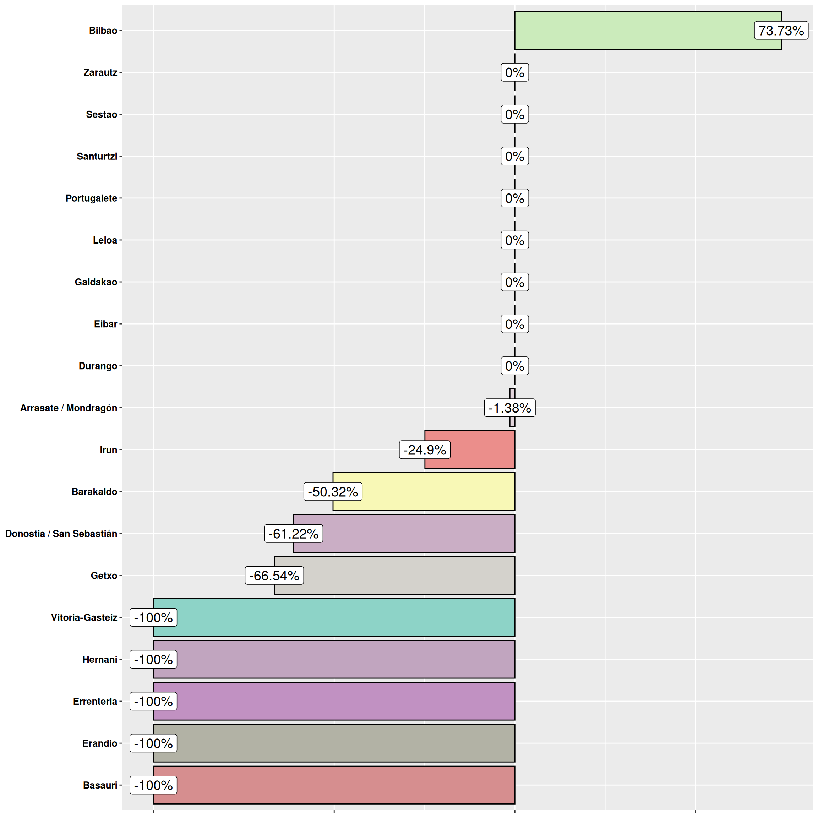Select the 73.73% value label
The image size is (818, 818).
(x=781, y=31)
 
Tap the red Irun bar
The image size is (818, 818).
(x=483, y=449)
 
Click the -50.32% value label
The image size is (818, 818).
(x=333, y=492)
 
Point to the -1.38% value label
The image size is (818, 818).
(x=510, y=408)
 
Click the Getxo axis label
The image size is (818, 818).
(x=104, y=576)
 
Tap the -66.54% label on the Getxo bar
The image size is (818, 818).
(x=274, y=576)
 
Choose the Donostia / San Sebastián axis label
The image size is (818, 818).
(x=61, y=534)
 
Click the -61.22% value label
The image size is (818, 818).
(x=293, y=534)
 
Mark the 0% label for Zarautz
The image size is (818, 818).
(x=514, y=72)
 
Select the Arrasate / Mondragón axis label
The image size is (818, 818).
(x=69, y=408)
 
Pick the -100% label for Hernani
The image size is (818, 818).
(x=153, y=659)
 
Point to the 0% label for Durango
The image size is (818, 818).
(x=514, y=366)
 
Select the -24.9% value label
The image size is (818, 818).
(x=425, y=449)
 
